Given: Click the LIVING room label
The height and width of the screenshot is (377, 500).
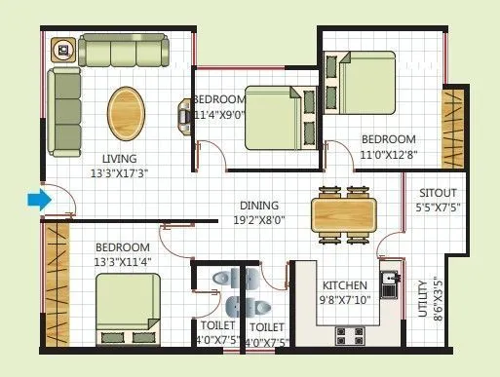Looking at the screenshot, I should tap(120, 159).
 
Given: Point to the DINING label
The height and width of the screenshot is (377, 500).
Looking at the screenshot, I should tap(261, 206).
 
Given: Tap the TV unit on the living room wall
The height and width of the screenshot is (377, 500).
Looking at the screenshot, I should tap(182, 115).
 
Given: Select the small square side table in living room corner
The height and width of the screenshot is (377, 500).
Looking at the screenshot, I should tap(63, 49).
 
